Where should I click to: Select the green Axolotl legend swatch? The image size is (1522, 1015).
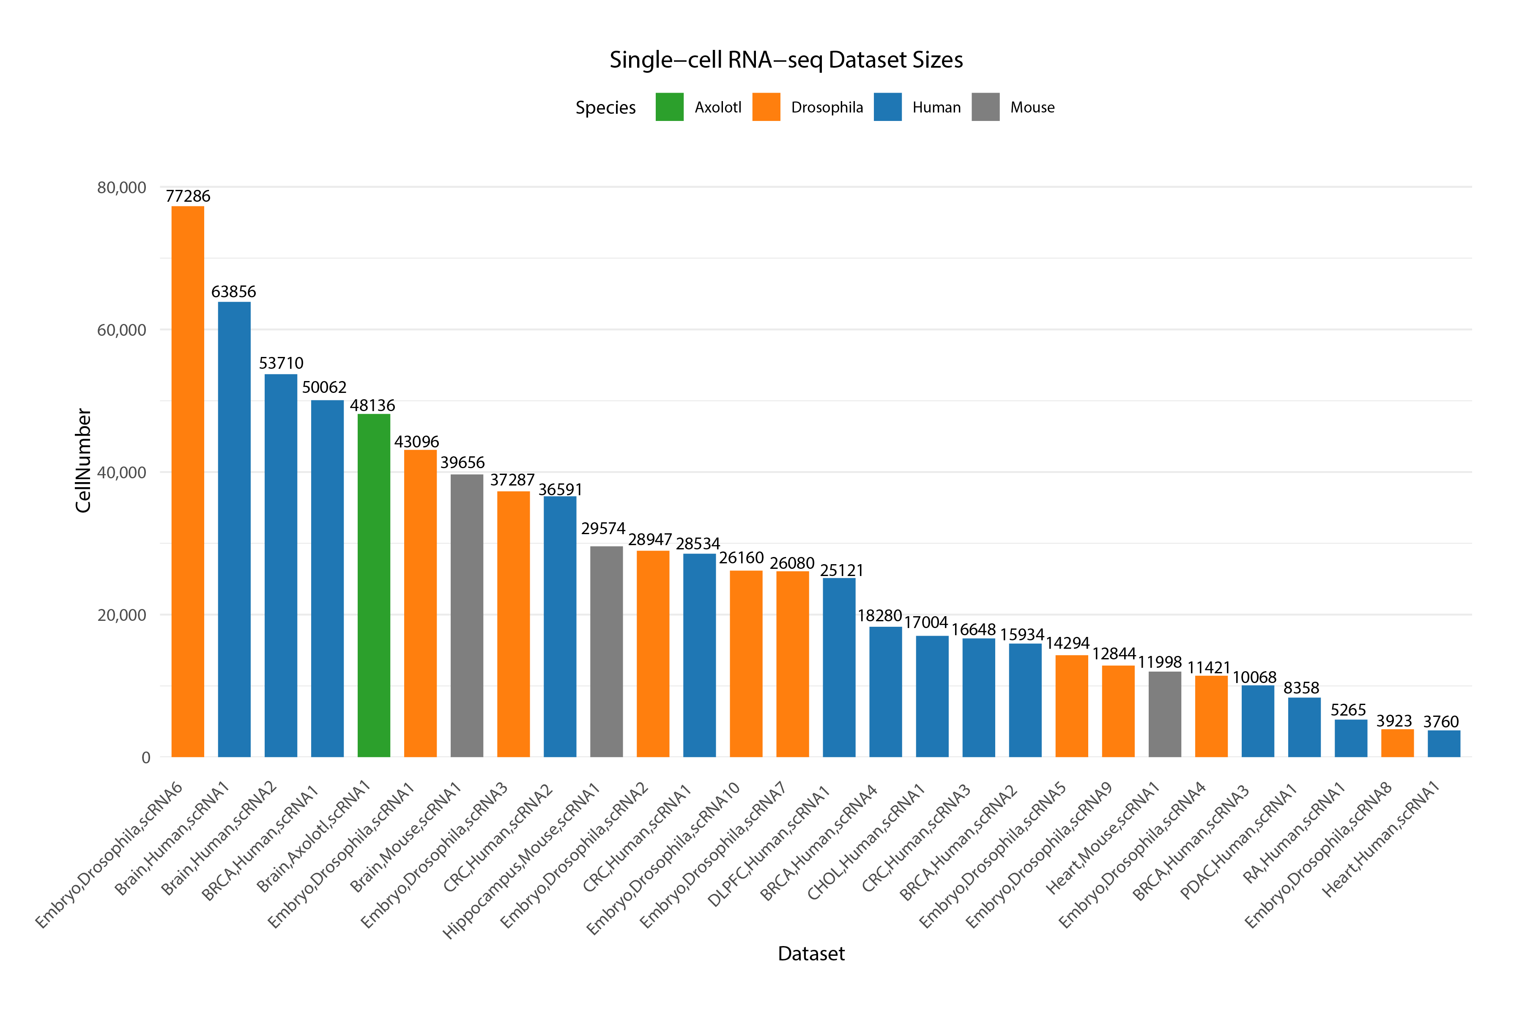pos(669,107)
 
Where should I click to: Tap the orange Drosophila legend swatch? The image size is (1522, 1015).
pos(766,107)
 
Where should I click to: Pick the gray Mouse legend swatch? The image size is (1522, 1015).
pos(985,107)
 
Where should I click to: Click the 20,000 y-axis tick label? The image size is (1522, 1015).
pos(122,615)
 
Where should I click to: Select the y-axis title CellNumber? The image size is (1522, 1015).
pos(83,460)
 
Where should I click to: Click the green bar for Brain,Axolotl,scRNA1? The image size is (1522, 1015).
pos(374,585)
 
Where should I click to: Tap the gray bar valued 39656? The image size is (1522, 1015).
pos(467,615)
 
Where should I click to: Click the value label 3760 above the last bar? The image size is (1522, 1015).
pos(1440,721)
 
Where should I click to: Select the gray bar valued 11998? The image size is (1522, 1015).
pos(1165,714)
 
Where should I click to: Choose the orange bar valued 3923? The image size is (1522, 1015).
pos(1397,743)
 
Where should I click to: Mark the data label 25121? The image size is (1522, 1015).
pos(841,570)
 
